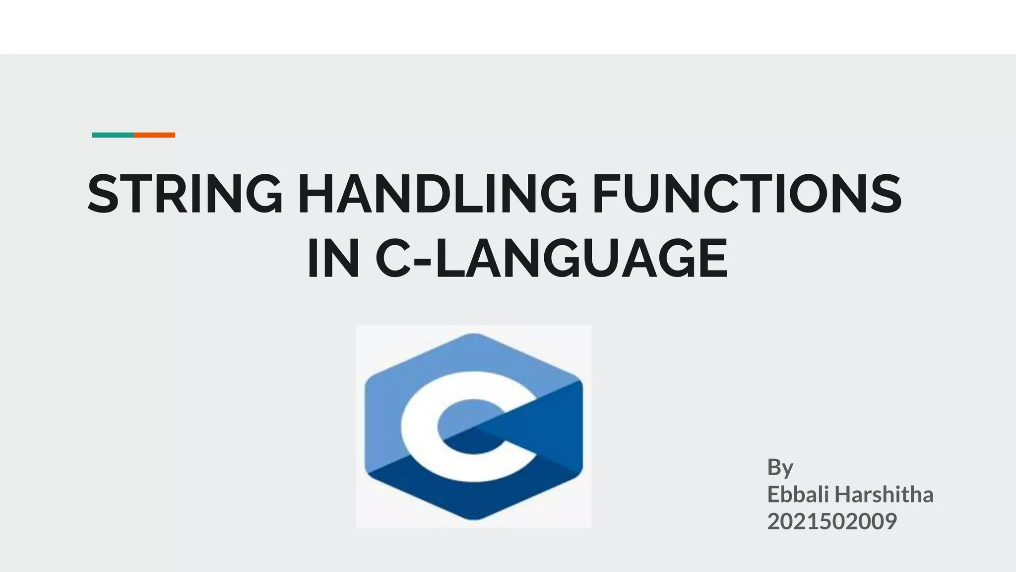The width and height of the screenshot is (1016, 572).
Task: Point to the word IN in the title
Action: coord(333,259)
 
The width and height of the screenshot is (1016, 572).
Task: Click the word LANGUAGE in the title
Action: coord(581,259)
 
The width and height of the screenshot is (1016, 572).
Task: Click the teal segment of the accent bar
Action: coord(113,135)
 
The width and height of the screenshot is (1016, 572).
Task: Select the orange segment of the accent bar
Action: coord(155,135)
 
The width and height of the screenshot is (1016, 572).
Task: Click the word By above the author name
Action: coord(780,467)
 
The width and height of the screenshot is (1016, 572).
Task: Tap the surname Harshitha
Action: coord(884,495)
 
